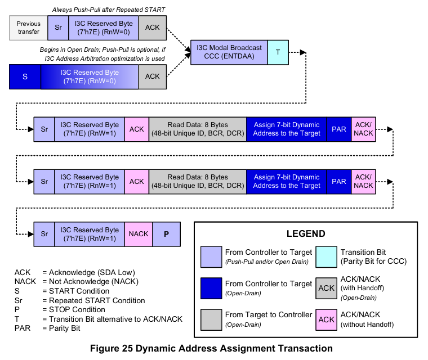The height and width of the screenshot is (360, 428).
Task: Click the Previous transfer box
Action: coord(28,28)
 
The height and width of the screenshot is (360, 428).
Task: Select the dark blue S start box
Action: coord(25,77)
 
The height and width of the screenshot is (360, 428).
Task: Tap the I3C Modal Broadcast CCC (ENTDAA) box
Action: coord(229,52)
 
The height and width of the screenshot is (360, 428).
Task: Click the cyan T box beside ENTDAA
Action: coord(278,52)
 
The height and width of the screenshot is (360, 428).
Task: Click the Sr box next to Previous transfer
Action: coord(58,28)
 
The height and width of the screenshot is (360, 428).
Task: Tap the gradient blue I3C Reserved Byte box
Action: coord(90,77)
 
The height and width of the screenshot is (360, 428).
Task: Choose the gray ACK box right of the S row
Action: coord(152,77)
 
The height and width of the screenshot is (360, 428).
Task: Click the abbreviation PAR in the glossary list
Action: coord(23,327)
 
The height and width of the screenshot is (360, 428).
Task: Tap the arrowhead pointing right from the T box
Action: coord(303,52)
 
